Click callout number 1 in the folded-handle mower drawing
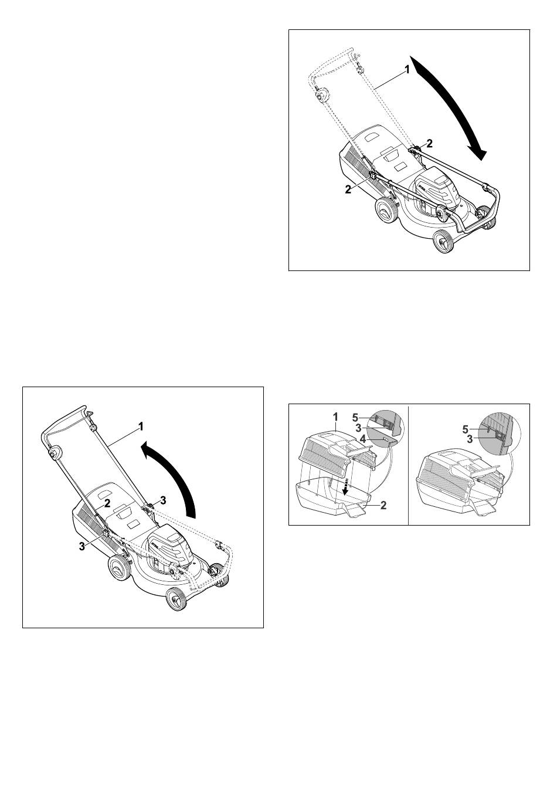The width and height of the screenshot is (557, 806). pos(407,69)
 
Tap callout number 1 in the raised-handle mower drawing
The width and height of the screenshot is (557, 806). pos(141,426)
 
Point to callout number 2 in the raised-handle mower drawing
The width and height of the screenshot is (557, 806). pos(107,503)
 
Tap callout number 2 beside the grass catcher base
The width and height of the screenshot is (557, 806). pos(383,505)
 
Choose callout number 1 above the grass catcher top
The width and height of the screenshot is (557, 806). pos(335,417)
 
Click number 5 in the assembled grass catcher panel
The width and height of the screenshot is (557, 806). pos(466,429)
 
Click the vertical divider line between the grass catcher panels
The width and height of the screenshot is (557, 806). pos(409,464)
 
